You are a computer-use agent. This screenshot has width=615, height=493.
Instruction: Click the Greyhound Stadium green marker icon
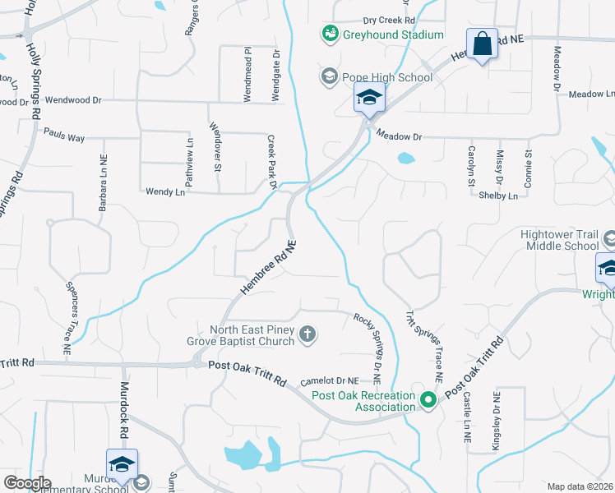pyautogui.click(x=330, y=34)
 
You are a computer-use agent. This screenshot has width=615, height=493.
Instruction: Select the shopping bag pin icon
pyautogui.click(x=482, y=44)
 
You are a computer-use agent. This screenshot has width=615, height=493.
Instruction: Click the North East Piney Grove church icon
pyautogui.click(x=307, y=334)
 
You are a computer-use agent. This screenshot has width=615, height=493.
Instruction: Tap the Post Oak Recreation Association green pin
pyautogui.click(x=428, y=401)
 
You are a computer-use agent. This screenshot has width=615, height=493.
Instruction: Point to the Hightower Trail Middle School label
pyautogui.click(x=560, y=239)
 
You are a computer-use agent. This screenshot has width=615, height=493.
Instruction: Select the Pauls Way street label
pyautogui.click(x=64, y=135)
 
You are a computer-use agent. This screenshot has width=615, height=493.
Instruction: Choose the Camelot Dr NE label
pyautogui.click(x=330, y=380)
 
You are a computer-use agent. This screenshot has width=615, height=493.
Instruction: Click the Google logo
pyautogui.click(x=27, y=482)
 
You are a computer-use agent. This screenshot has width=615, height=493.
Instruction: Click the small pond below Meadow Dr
pyautogui.click(x=405, y=158)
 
